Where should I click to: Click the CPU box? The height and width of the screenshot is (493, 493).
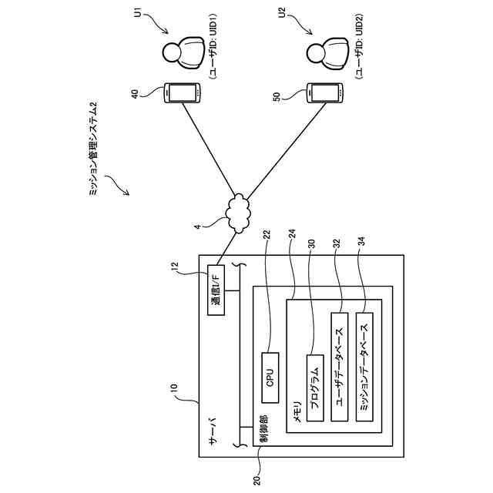[x=270, y=377]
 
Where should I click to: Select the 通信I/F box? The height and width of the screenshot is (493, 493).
[x=216, y=290]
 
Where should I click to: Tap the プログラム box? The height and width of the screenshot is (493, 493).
[x=315, y=388]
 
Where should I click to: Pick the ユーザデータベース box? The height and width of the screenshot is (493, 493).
[x=340, y=367]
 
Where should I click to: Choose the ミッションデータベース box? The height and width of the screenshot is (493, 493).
[x=364, y=367]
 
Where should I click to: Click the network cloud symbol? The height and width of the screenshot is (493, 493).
[x=239, y=213]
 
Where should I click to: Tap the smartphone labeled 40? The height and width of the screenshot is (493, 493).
[x=183, y=92]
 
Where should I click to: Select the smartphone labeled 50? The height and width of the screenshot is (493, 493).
[x=325, y=92]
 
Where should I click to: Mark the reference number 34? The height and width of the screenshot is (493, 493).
[x=361, y=242]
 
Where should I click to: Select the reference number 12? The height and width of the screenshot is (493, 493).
[x=175, y=267]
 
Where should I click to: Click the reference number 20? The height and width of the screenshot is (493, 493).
[x=257, y=480]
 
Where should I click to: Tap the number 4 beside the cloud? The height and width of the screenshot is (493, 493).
[x=197, y=226]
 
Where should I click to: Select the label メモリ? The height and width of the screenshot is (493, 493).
[x=297, y=411]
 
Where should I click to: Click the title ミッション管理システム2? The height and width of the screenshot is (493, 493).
[x=93, y=149]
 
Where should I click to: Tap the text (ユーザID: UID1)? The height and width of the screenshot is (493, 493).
[x=213, y=46]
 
